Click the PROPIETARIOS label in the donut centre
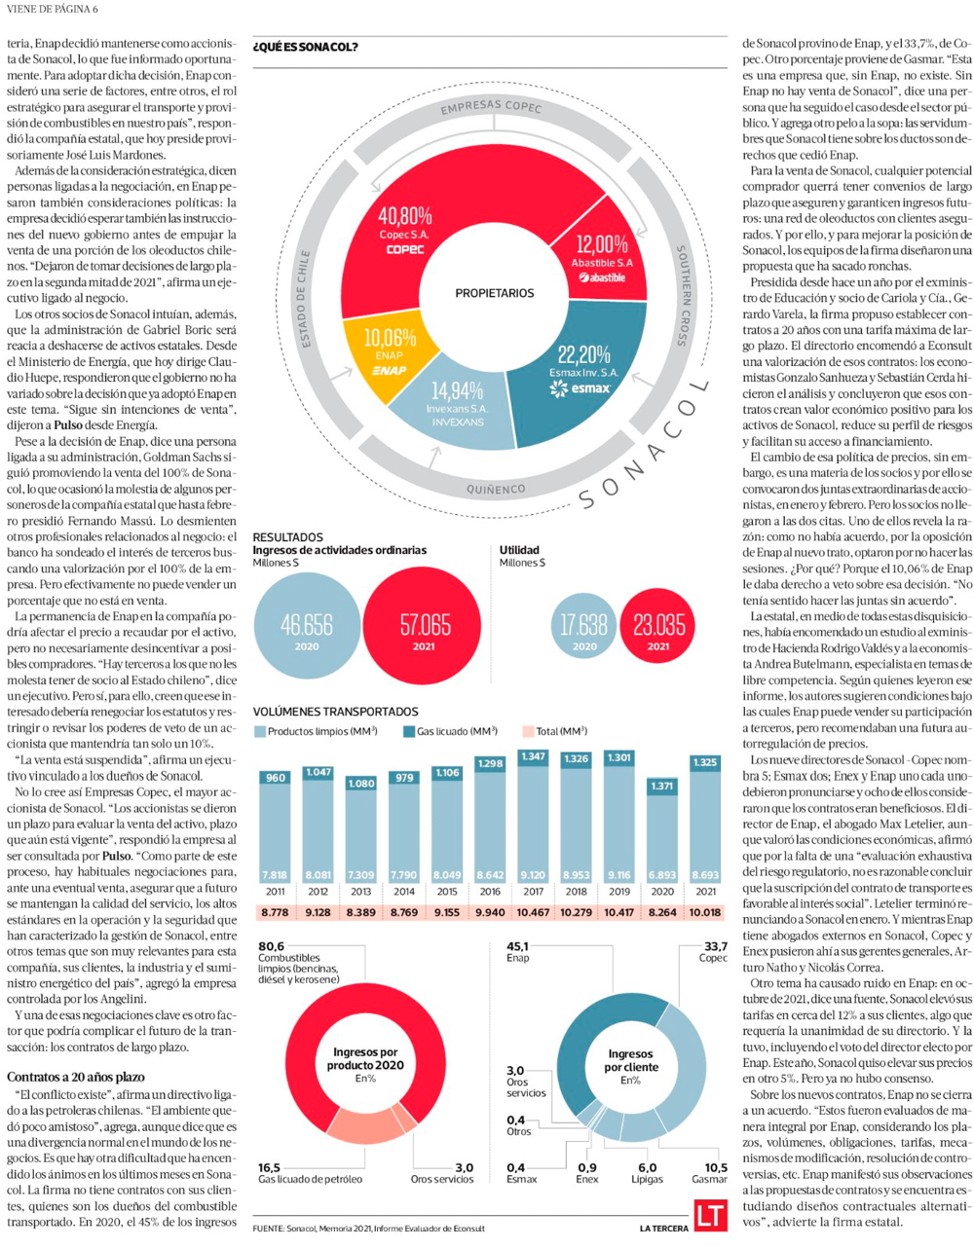tap(495, 293)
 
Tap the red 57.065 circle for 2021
tap(424, 624)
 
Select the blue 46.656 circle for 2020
tap(306, 624)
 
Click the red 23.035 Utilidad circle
tap(658, 624)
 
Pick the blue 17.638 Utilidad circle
tap(584, 624)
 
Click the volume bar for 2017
tap(534, 818)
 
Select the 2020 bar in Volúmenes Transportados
tap(662, 827)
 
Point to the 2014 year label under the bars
tap(403, 892)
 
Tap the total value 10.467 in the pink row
tap(534, 912)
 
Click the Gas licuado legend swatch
tap(409, 731)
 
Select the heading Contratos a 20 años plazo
tap(76, 1077)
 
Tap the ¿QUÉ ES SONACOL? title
tap(305, 47)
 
